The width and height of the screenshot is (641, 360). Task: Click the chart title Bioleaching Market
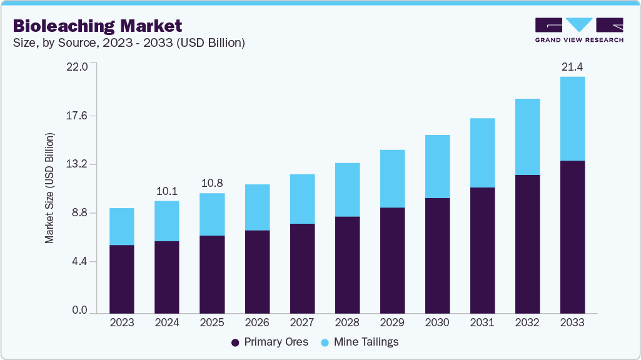98,26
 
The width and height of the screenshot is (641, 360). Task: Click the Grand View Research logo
579,30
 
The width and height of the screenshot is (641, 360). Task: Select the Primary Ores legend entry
270,342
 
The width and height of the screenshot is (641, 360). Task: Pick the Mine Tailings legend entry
360,342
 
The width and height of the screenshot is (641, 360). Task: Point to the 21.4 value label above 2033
572,66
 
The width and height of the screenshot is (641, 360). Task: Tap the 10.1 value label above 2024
167,191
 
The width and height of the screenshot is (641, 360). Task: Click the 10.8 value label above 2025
212,183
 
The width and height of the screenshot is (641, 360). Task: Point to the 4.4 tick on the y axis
80,261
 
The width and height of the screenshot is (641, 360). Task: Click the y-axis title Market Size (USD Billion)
49,188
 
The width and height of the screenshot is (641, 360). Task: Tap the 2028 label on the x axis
347,322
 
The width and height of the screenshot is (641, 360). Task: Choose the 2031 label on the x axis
482,322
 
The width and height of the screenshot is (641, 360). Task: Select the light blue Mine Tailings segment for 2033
572,119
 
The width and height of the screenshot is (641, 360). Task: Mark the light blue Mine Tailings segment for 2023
122,226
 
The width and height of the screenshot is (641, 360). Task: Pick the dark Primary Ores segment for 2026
257,271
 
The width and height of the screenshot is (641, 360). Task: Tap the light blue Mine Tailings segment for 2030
437,166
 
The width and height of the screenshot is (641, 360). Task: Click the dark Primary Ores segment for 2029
392,259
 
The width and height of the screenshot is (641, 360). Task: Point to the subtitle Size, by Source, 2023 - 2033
128,43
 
